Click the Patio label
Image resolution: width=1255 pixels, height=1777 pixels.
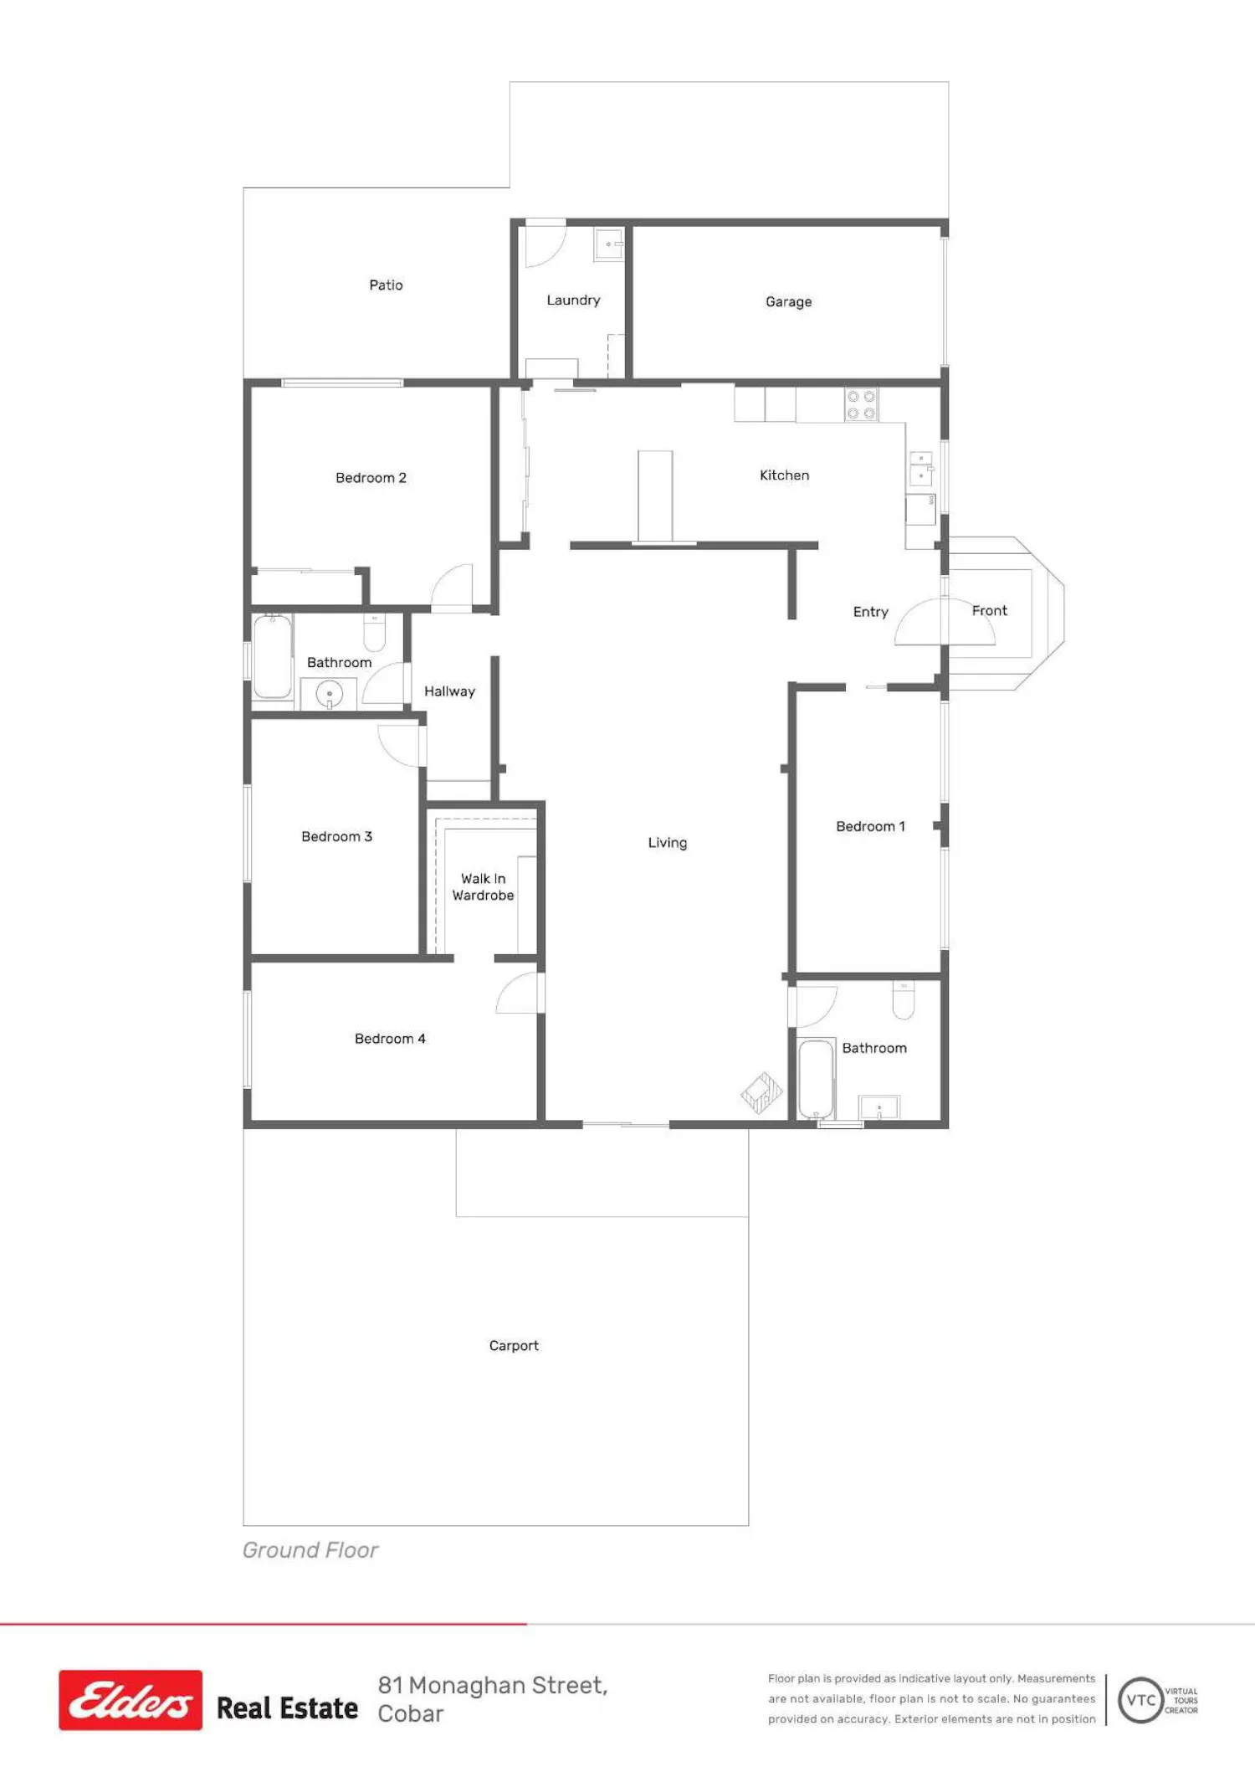pyautogui.click(x=386, y=285)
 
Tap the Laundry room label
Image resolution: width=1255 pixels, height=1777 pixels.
pyautogui.click(x=573, y=300)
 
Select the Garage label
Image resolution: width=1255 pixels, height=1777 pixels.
pyautogui.click(x=788, y=302)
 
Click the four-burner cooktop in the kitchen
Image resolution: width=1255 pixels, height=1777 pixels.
pyautogui.click(x=861, y=405)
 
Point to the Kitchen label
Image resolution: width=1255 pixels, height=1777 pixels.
pyautogui.click(x=784, y=475)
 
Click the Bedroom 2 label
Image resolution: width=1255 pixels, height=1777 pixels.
pyautogui.click(x=371, y=478)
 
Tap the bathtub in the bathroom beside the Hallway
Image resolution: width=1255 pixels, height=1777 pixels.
pyautogui.click(x=273, y=657)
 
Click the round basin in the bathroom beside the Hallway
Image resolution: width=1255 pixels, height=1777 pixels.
pyautogui.click(x=330, y=694)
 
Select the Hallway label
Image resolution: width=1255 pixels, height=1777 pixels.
pyautogui.click(x=449, y=691)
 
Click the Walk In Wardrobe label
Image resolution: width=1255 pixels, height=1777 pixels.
pyautogui.click(x=484, y=887)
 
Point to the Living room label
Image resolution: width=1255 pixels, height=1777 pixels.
pyautogui.click(x=668, y=843)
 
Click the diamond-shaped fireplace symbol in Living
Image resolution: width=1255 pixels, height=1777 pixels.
pyautogui.click(x=762, y=1093)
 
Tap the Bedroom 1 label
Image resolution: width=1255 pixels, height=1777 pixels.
pyautogui.click(x=870, y=827)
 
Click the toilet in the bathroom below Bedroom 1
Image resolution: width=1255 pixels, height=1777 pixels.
pyautogui.click(x=904, y=999)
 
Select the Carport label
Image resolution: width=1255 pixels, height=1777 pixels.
pyautogui.click(x=514, y=1346)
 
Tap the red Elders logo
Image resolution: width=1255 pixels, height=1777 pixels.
pyautogui.click(x=131, y=1700)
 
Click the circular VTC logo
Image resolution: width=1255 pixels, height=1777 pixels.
pyautogui.click(x=1141, y=1701)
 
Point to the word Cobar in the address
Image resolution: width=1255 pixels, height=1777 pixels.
pyautogui.click(x=410, y=1714)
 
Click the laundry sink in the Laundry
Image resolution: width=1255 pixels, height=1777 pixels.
pyautogui.click(x=609, y=244)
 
